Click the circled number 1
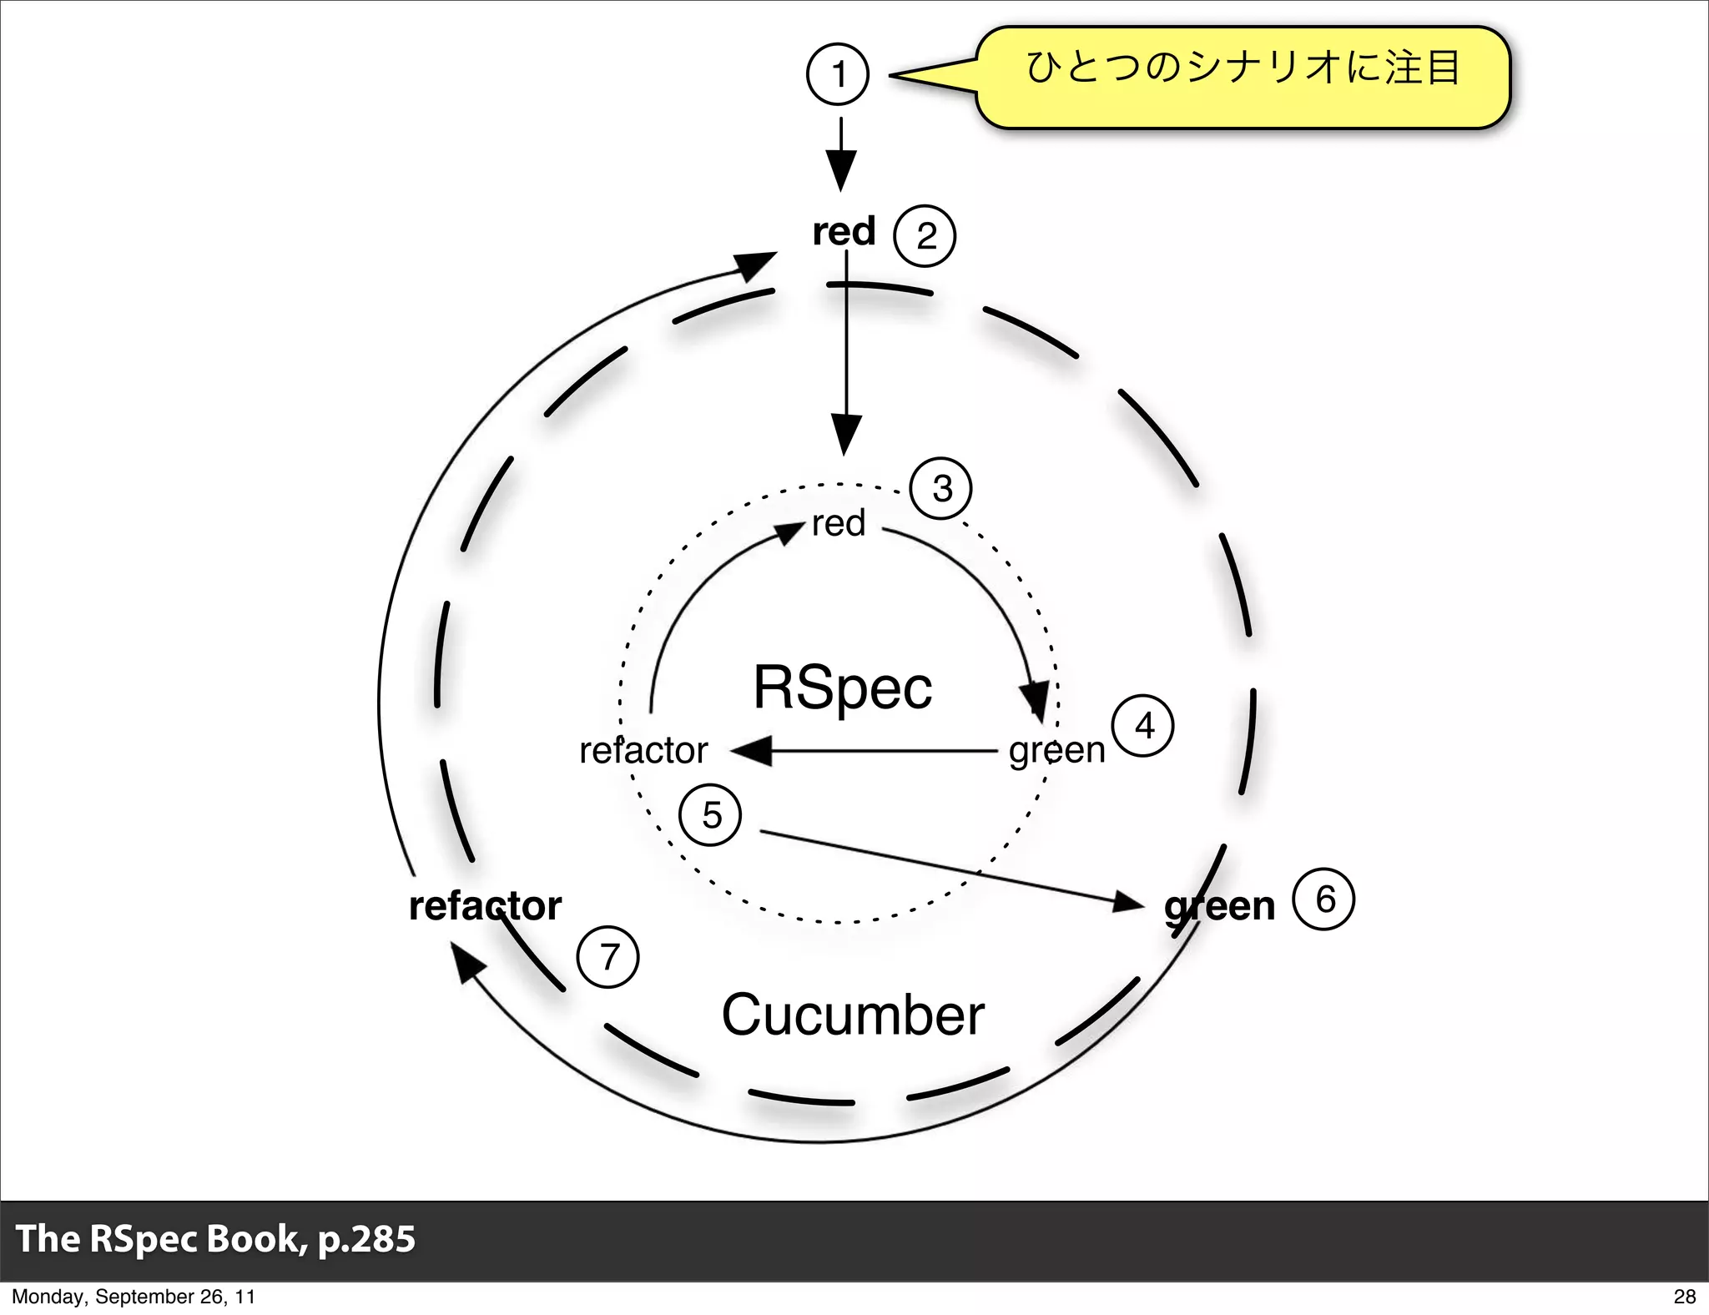click(838, 74)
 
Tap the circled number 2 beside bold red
click(924, 236)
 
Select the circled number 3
click(940, 489)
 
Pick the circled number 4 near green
click(1143, 726)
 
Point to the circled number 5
click(710, 815)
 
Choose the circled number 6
click(1323, 899)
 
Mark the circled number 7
click(608, 957)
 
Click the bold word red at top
click(844, 231)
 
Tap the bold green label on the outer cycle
click(1219, 906)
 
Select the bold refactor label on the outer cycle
click(485, 906)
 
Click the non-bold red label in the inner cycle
click(839, 524)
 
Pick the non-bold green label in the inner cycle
click(1056, 750)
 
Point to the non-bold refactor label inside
click(643, 750)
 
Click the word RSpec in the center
click(842, 688)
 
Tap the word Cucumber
click(852, 1015)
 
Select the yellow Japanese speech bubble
click(1243, 77)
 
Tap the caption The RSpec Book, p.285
click(215, 1238)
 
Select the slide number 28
click(1684, 1296)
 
